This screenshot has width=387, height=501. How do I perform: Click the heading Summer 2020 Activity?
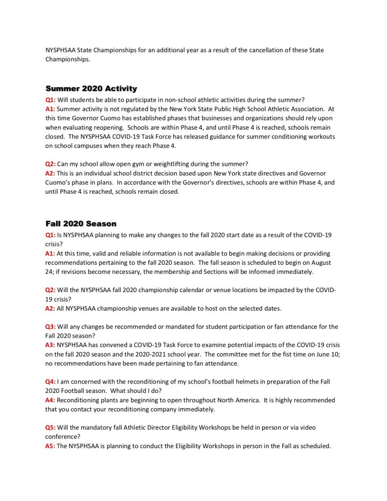91,89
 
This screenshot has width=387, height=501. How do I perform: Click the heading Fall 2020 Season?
81,224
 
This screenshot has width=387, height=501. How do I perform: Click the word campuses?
94,146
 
